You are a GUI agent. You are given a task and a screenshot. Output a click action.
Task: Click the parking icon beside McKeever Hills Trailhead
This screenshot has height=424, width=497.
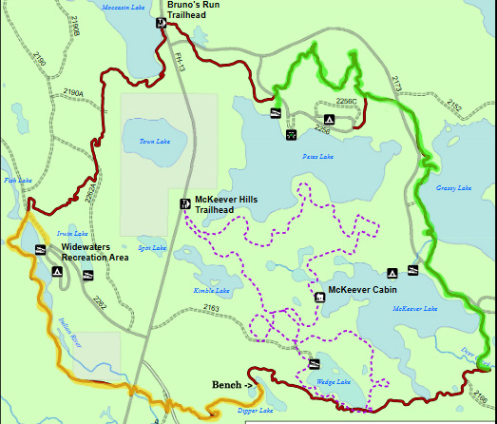184,203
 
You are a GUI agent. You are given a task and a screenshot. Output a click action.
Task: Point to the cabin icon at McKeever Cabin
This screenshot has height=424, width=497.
318,297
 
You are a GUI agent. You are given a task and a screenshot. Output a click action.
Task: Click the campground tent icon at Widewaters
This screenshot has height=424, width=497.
58,271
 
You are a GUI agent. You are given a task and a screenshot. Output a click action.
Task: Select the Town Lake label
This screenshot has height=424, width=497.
153,142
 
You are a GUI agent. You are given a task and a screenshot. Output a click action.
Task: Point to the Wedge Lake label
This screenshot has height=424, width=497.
334,382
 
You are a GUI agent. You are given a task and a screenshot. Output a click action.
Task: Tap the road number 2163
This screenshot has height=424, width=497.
211,308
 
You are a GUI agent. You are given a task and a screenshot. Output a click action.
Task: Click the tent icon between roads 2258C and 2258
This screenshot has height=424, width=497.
290,134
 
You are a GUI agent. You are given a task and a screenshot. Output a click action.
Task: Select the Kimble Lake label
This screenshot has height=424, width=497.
212,290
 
